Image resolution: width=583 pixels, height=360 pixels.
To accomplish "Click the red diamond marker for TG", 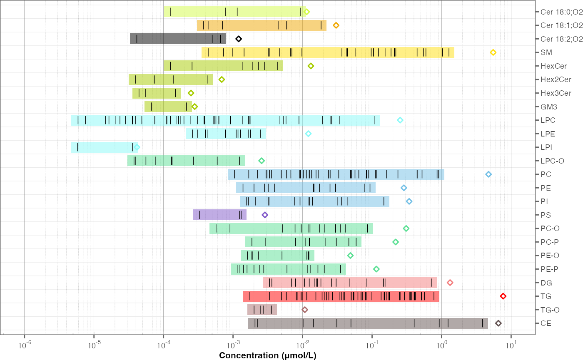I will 503,296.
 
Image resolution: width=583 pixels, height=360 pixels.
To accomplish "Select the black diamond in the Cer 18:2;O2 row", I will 239,39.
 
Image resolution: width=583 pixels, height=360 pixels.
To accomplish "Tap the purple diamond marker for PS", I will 265,215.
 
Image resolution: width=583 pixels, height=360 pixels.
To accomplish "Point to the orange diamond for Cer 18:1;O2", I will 336,25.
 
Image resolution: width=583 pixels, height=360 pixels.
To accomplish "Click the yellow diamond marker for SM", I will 493,52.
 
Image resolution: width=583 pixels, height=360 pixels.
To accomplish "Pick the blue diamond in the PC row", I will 488,174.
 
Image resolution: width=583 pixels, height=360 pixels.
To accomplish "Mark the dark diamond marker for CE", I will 498,323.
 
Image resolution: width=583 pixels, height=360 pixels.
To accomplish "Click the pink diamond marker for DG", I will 450,283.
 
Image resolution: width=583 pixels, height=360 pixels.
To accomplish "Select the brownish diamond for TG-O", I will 305,310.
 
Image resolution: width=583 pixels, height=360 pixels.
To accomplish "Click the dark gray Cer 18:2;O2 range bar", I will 178,39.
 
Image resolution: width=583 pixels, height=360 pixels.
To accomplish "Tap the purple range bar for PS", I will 219,215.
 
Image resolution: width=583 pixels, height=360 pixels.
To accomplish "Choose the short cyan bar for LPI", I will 104,147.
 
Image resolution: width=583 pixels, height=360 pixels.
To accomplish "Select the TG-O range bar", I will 262,310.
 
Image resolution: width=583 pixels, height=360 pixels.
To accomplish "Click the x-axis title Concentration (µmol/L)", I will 268,355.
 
